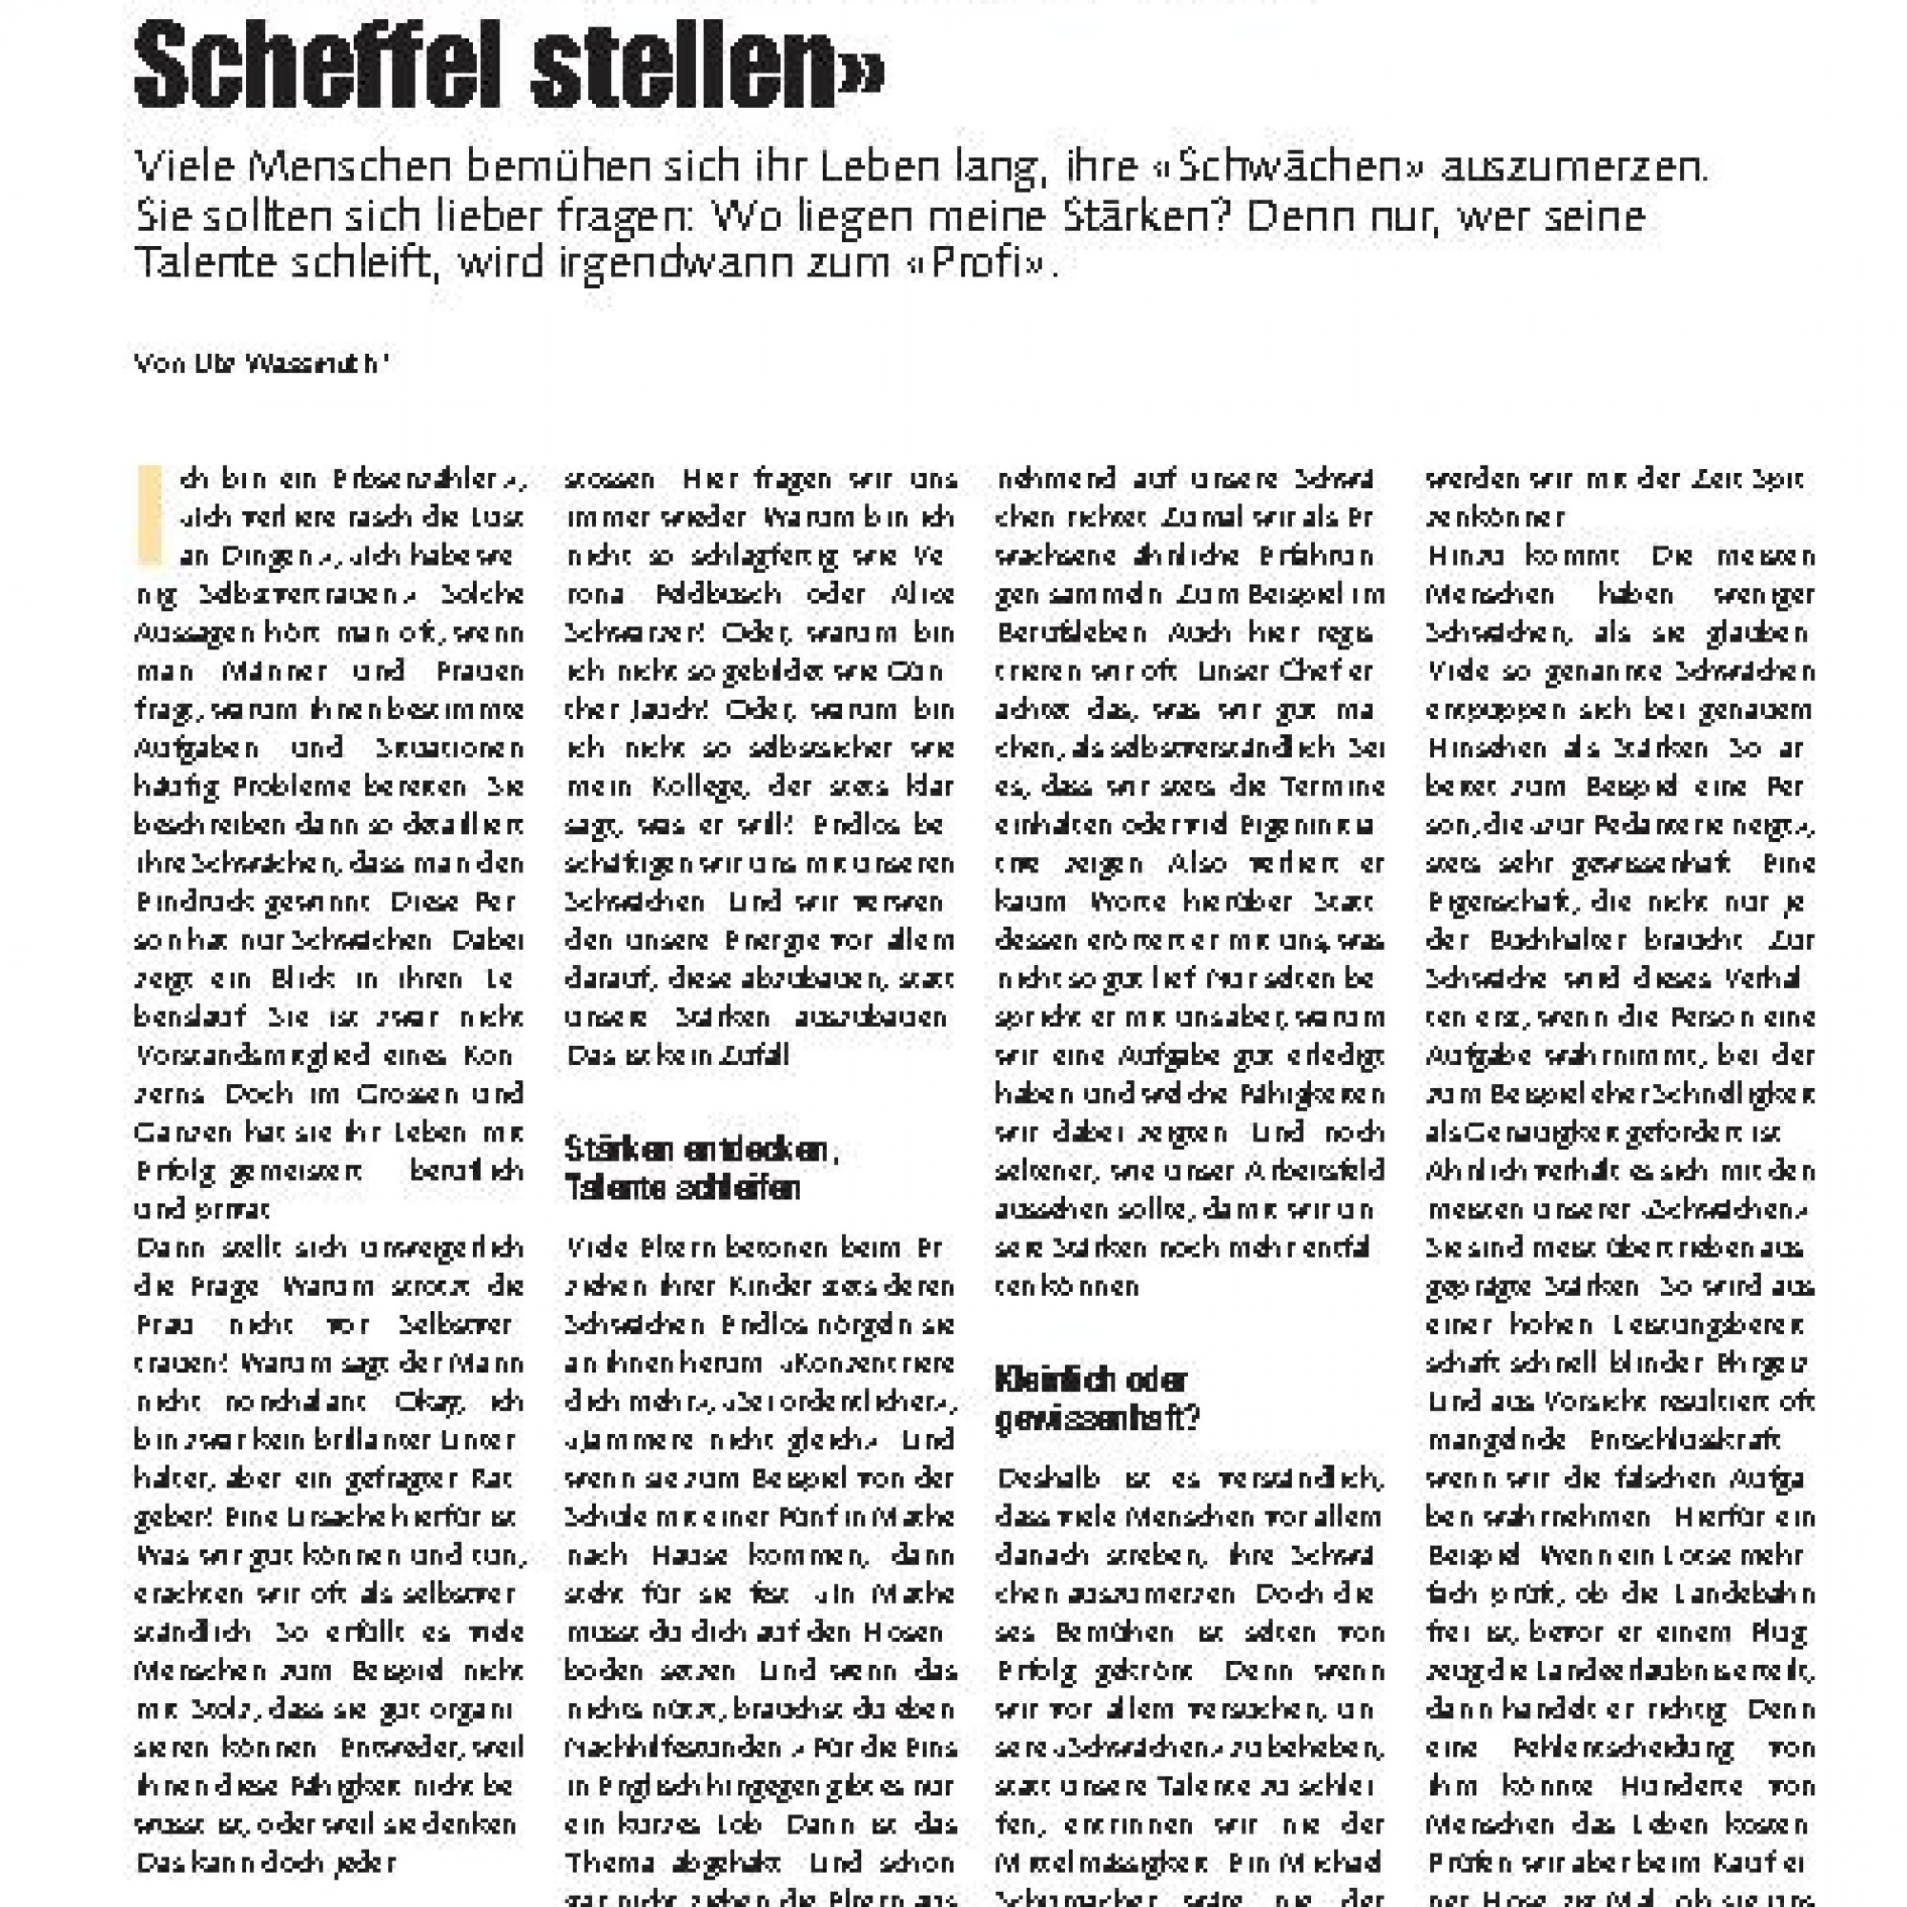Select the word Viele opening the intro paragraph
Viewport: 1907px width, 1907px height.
pos(183,167)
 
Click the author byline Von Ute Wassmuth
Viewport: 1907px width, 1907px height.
pos(261,364)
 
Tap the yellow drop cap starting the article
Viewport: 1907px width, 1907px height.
pos(149,515)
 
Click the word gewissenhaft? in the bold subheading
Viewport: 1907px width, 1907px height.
pos(1097,1420)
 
